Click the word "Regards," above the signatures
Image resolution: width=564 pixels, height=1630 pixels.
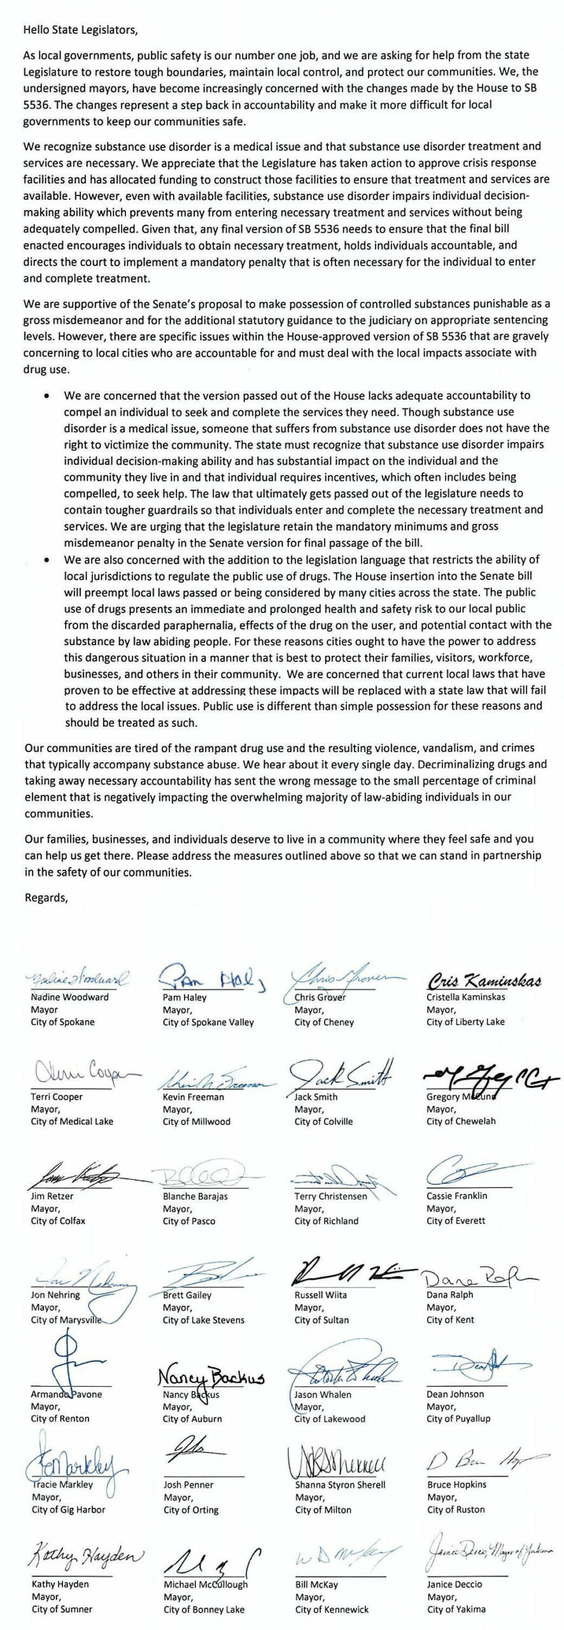46,897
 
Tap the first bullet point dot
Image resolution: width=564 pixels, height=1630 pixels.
46,395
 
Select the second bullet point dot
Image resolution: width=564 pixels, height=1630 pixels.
46,560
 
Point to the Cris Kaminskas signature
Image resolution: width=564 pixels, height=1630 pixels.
484,981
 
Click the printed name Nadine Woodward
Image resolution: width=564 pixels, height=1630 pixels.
69,997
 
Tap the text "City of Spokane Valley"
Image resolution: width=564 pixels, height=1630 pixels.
208,1022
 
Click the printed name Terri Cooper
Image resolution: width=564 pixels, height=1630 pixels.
57,1096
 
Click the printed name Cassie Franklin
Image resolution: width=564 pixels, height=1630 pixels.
456,1196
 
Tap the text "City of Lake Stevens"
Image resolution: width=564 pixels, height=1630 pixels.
203,1320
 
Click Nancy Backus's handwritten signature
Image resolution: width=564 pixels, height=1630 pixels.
211,1377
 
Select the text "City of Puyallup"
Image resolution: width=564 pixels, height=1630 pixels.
458,1419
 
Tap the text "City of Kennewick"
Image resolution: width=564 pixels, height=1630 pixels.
332,1609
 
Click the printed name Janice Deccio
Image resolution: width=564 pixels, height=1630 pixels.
455,1584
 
